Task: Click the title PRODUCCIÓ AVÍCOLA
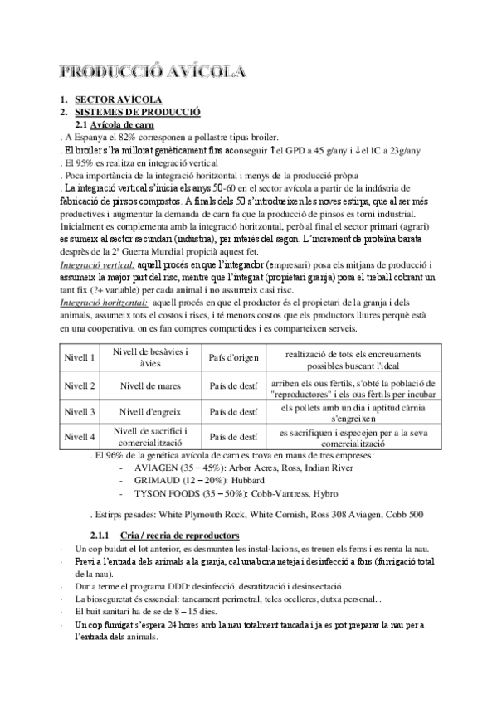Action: [x=153, y=70]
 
